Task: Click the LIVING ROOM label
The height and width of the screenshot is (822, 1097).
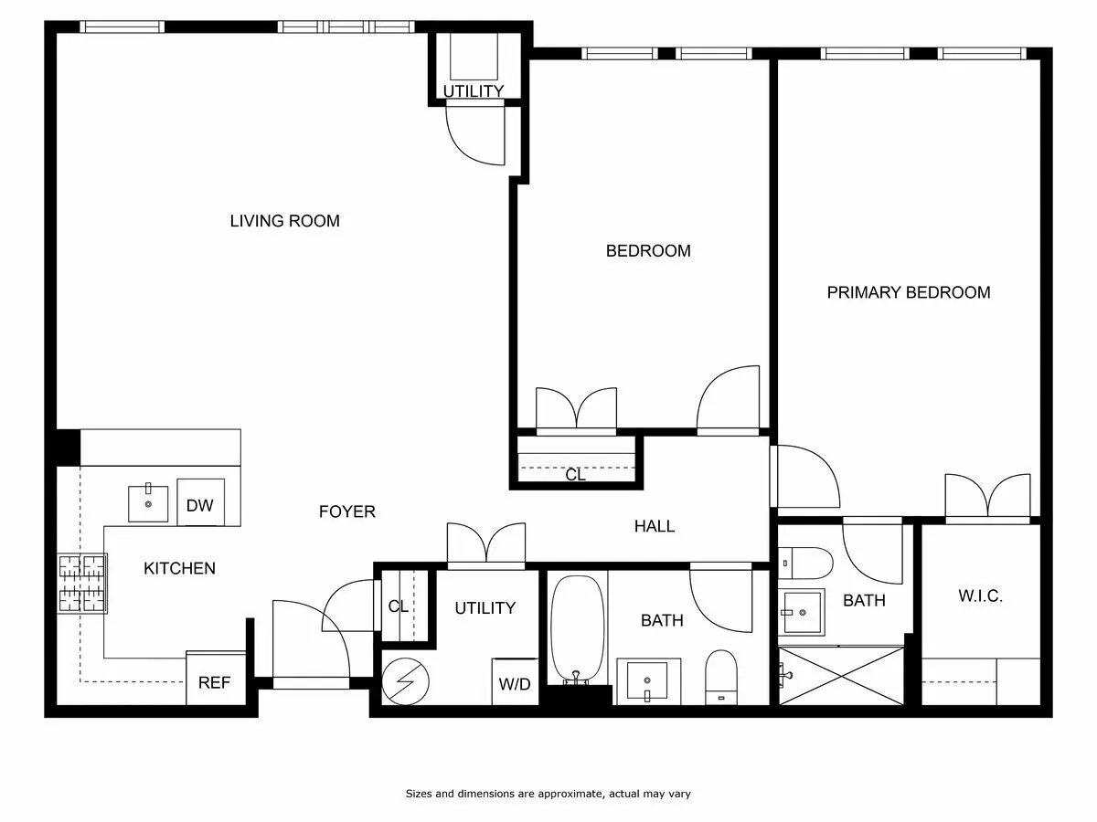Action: coord(284,220)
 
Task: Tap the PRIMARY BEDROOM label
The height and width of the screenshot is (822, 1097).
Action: coord(908,292)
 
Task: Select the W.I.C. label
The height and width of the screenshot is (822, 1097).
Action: coord(980,596)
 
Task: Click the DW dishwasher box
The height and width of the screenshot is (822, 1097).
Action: coord(199,504)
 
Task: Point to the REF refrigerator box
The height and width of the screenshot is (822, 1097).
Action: coord(215,681)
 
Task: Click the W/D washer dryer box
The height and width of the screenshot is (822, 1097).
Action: coord(515,683)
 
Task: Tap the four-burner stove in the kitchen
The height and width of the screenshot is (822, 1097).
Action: coord(82,584)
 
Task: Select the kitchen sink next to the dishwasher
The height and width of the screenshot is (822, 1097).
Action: coord(148,503)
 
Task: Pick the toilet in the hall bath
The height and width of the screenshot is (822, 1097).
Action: coord(720,677)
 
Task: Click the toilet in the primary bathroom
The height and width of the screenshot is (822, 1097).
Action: coord(805,563)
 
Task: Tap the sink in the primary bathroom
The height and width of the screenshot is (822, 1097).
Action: coord(801,611)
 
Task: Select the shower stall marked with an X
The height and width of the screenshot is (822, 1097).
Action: coord(841,676)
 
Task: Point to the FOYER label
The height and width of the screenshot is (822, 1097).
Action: coord(346,511)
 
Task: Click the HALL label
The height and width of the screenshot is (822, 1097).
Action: coord(655,526)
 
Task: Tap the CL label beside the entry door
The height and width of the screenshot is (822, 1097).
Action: coord(399,606)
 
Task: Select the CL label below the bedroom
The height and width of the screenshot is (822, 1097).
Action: coord(575,475)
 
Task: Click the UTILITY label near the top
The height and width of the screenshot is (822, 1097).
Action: coord(473,91)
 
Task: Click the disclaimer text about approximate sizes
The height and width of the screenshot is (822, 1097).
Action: coord(548,794)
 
